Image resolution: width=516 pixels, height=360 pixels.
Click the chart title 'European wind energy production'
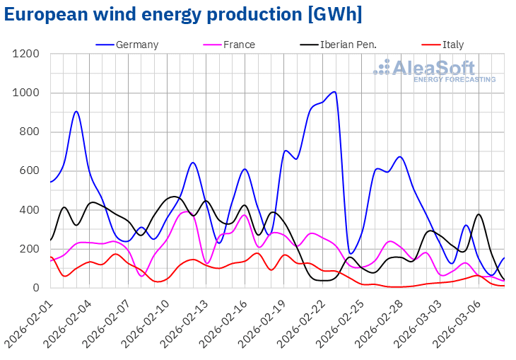pyautogui.click(x=182, y=15)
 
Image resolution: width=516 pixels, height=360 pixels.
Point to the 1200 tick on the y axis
pyautogui.click(x=26, y=54)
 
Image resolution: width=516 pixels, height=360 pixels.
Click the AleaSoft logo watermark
pyautogui.click(x=434, y=71)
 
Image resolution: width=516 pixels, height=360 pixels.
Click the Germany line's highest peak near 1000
pyautogui.click(x=334, y=92)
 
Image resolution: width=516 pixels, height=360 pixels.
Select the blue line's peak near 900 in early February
pyautogui.click(x=76, y=111)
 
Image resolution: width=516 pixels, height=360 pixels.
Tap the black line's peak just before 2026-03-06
pyautogui.click(x=479, y=214)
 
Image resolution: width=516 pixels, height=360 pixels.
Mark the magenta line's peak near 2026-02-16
pyautogui.click(x=244, y=215)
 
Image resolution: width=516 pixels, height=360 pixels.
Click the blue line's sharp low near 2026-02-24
pyautogui.click(x=351, y=253)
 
